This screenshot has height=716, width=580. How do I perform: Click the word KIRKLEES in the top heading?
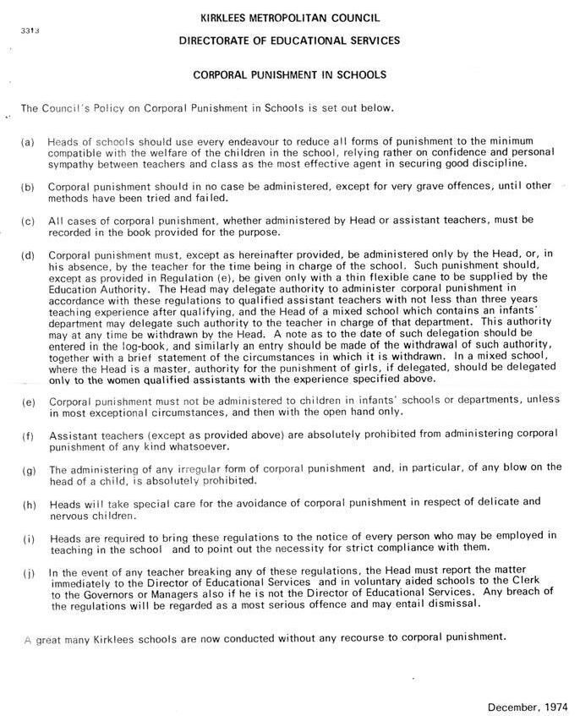(227, 17)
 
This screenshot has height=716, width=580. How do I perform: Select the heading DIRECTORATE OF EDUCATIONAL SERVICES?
(289, 40)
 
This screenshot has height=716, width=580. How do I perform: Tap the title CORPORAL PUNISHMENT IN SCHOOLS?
(289, 74)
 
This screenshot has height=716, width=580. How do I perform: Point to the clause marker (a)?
(28, 142)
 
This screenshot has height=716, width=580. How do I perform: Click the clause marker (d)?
(28, 254)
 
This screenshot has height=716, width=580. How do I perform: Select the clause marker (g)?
(28, 470)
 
